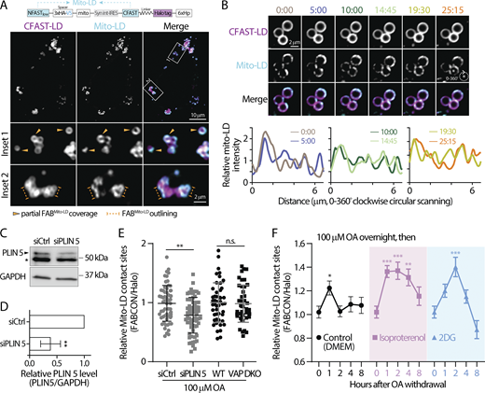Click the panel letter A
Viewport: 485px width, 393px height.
[x=7, y=7]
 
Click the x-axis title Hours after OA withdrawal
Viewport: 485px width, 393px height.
[x=392, y=386]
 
